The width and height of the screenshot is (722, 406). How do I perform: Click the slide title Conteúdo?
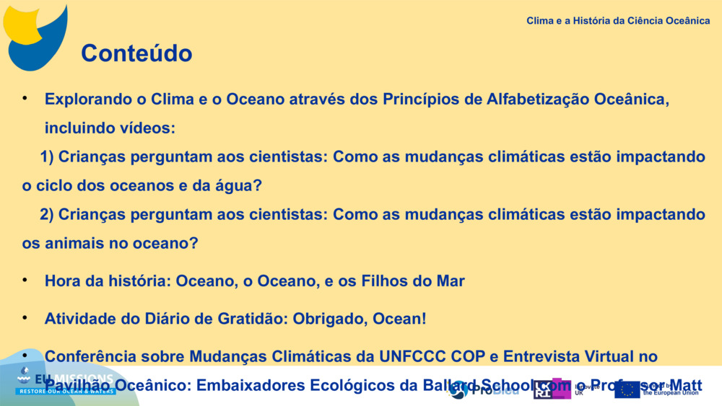(136, 53)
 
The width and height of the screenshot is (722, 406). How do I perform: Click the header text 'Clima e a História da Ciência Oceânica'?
(618, 21)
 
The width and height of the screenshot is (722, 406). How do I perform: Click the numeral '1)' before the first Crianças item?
(47, 157)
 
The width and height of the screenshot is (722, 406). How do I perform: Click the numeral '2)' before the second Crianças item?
(47, 215)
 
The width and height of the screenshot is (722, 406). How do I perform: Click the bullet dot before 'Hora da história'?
(25, 280)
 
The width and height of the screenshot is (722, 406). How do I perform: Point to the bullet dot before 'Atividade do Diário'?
(25, 317)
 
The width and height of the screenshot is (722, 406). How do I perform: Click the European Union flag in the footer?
(627, 389)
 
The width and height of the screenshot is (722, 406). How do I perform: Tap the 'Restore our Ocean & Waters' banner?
(66, 391)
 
